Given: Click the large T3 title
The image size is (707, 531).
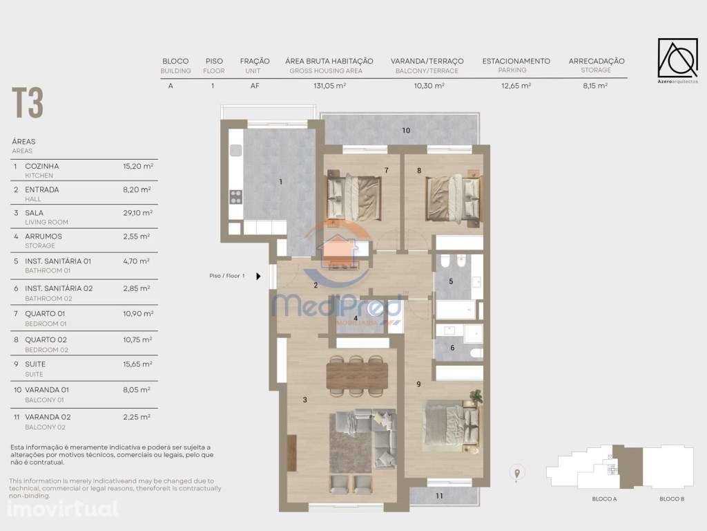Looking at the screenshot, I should click(x=28, y=103).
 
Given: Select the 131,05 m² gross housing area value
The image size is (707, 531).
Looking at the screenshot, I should click(x=329, y=86).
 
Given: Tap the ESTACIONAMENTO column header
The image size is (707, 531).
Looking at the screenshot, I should click(x=516, y=61).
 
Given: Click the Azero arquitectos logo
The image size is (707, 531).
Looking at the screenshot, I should click(x=677, y=58).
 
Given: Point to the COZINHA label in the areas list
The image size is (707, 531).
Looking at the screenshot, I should click(x=42, y=166).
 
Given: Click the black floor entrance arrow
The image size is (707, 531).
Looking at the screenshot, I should click(x=258, y=276).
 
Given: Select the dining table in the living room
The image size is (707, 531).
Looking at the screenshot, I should click(x=357, y=375).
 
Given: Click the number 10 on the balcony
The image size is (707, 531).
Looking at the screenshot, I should click(x=406, y=131).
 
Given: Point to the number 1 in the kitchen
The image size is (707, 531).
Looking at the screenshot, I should click(x=281, y=182).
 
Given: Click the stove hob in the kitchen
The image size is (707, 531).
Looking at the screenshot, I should click(x=235, y=196).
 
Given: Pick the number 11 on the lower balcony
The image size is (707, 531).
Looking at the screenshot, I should click(x=439, y=496).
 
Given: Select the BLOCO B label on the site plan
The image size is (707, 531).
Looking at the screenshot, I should click(x=671, y=499).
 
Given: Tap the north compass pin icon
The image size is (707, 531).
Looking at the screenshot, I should click(x=516, y=473).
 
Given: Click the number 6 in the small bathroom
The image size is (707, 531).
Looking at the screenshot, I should click(x=452, y=348).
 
